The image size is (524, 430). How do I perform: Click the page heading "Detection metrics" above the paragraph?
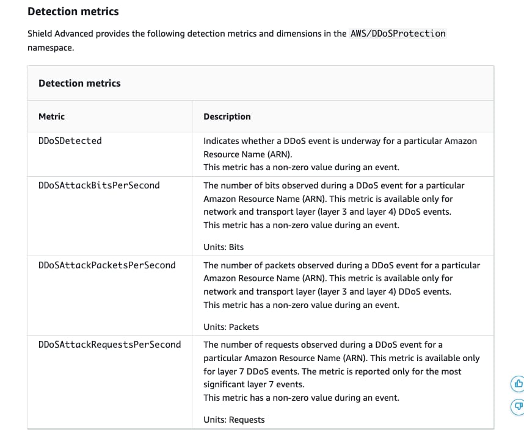(73, 12)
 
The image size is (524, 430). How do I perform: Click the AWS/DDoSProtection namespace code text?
(398, 34)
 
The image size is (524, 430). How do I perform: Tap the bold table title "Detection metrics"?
(79, 83)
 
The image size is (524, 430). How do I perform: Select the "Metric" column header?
(51, 116)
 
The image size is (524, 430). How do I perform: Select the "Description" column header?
(227, 116)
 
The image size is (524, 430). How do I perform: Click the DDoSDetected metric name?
(70, 141)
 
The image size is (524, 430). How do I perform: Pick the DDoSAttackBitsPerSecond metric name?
(99, 185)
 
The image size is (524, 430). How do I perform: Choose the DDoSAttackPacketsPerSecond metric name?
(107, 265)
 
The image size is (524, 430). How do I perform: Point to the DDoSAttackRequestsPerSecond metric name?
(109, 345)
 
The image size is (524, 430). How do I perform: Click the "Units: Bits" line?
(224, 247)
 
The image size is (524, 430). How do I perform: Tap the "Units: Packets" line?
(231, 327)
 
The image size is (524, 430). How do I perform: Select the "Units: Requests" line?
(234, 420)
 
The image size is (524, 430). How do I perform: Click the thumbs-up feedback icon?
(517, 384)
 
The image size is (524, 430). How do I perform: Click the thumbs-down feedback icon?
(517, 406)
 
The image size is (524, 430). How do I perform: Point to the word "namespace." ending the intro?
(51, 47)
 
